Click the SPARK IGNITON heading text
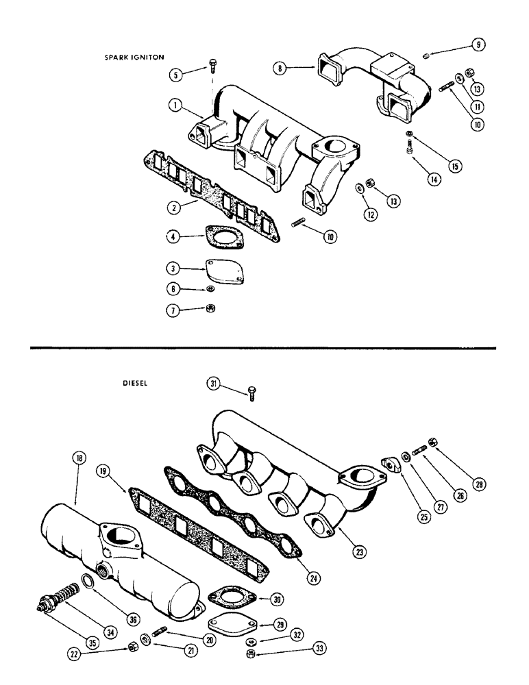tap(134, 58)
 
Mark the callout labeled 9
tap(478, 45)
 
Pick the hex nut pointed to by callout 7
tap(211, 310)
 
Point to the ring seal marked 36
tap(90, 582)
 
